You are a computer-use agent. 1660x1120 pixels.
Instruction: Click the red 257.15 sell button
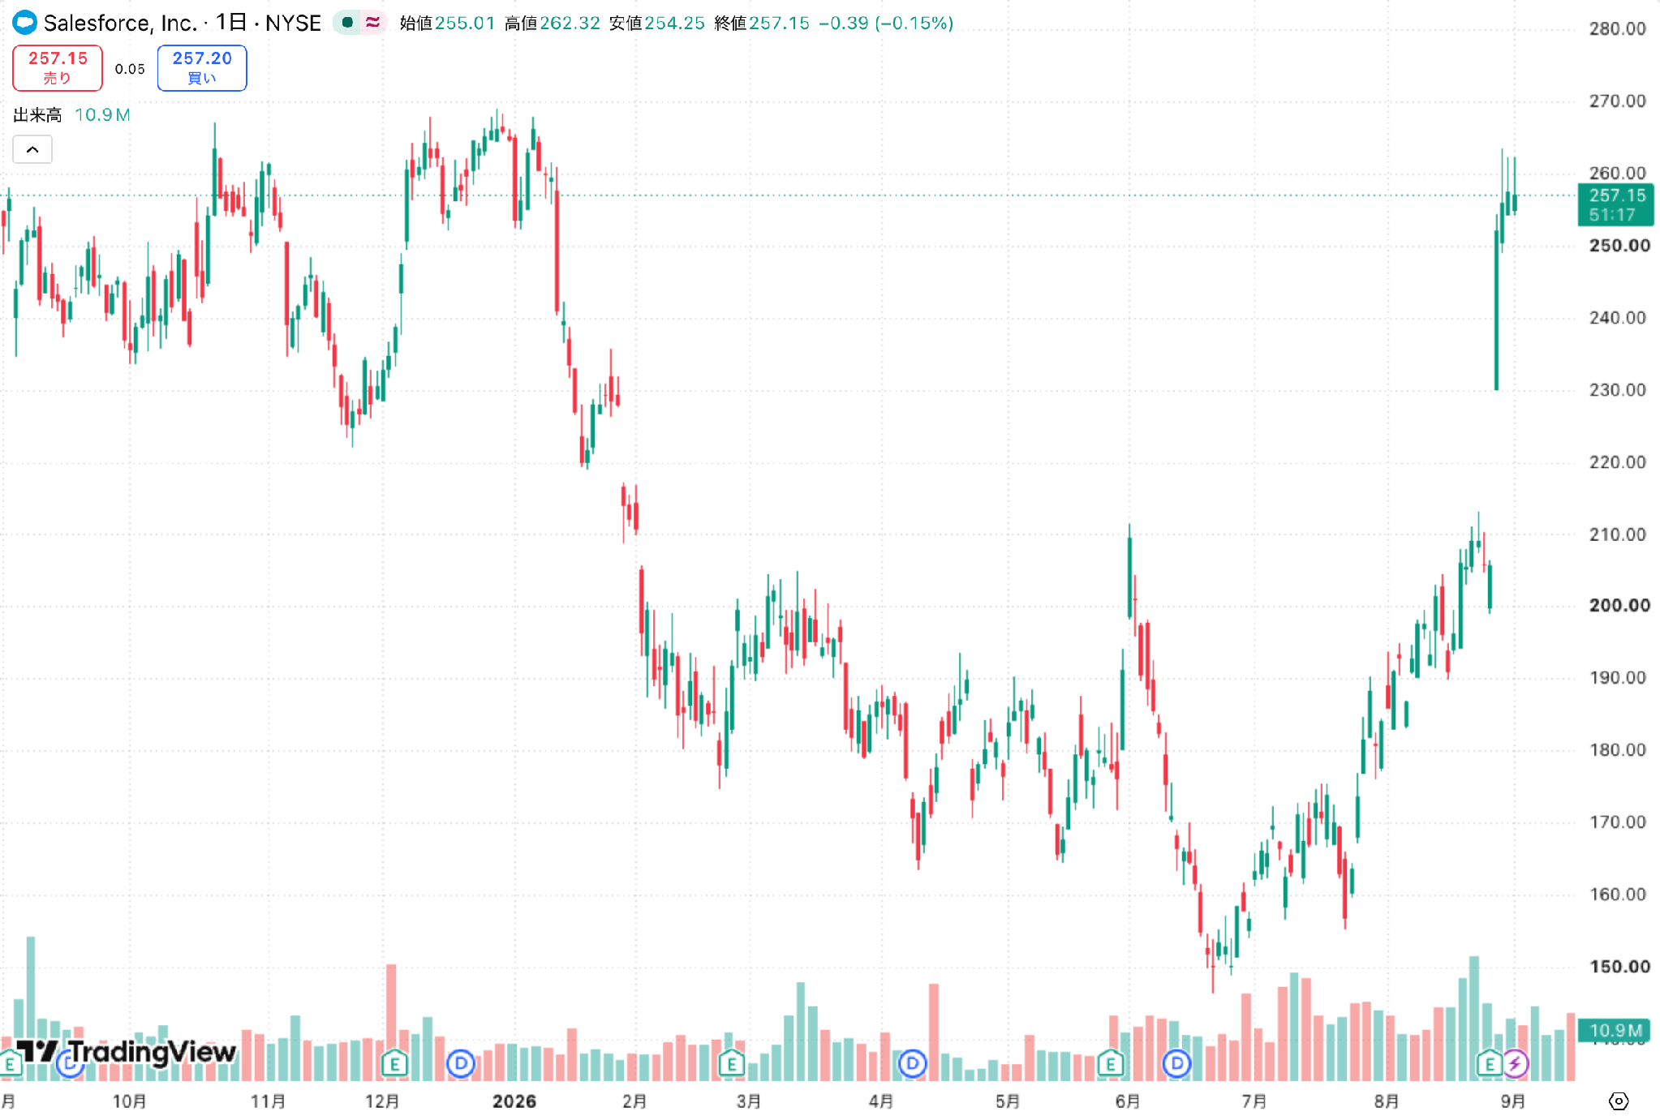pos(58,68)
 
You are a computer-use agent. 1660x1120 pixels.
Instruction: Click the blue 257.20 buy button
pos(202,68)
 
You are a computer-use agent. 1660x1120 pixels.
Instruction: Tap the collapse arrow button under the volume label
pos(32,149)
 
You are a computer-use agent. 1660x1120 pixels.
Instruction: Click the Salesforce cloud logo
pos(25,23)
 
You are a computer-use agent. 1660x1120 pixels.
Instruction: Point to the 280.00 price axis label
pos(1617,29)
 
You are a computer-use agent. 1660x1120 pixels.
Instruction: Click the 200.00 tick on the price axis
pos(1619,606)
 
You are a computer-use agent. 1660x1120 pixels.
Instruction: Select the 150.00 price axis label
pos(1619,967)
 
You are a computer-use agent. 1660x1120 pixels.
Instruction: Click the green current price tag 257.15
pos(1615,204)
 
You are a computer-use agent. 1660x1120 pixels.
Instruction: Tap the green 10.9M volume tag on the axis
pos(1615,1031)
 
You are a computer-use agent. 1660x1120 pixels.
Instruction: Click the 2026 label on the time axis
pos(514,1101)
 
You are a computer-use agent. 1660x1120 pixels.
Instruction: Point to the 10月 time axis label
pos(130,1101)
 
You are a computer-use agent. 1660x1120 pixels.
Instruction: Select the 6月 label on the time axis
pos(1128,1101)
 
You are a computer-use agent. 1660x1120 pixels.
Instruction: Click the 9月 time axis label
pos(1513,1101)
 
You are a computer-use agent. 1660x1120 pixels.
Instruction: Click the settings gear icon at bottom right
pos(1619,1101)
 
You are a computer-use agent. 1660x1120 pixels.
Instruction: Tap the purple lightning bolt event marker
pos(1515,1063)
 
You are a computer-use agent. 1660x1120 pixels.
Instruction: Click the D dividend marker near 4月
pos(913,1063)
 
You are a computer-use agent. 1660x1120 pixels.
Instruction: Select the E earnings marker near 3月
pos(732,1063)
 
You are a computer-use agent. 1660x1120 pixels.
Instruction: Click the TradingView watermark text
pos(152,1052)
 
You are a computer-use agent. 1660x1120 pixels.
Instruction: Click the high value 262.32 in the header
pos(570,24)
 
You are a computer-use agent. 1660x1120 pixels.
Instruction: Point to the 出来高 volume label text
pos(37,115)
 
